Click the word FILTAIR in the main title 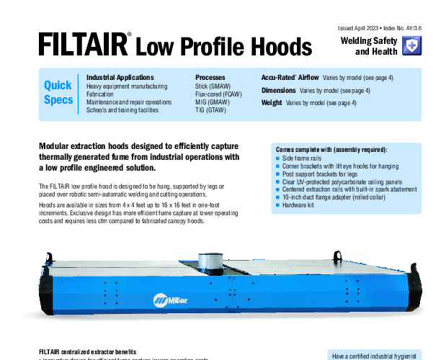84,44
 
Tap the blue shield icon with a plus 411,45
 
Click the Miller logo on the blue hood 170,300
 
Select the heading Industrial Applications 120,78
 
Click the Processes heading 210,78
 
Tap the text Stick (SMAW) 213,86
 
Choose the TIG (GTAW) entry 210,110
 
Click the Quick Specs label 58,92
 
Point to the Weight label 272,103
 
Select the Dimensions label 278,91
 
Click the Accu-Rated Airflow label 290,78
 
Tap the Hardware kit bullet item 298,205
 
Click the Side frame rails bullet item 302,158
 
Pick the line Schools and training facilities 122,110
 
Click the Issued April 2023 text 358,28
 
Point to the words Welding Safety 369,41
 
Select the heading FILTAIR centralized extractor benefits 87,352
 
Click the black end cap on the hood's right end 414,289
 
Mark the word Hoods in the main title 282,46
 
